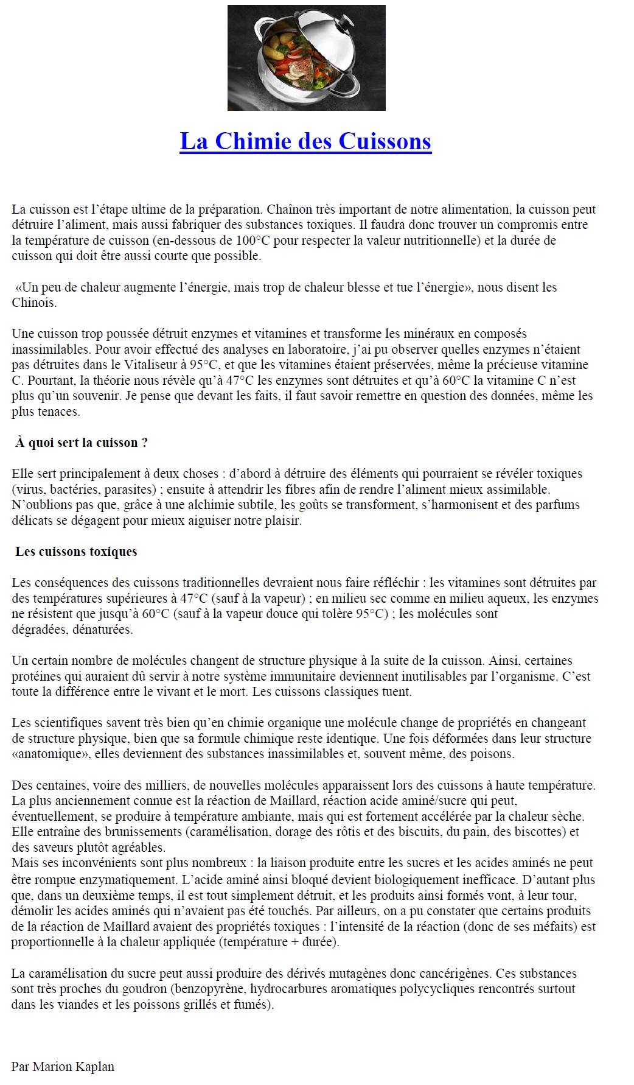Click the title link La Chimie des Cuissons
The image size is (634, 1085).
pos(305,141)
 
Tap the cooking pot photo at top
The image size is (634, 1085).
pos(306,58)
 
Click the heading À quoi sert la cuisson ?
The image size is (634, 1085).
pos(82,443)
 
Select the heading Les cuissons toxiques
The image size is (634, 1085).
pos(76,552)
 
